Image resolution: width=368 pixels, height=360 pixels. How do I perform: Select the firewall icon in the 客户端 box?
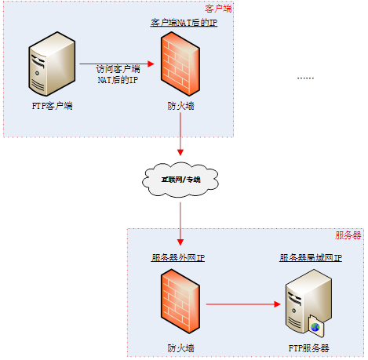click(180, 65)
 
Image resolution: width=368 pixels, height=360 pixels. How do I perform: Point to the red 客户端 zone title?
click(218, 9)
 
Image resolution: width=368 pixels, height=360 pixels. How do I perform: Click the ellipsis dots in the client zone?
click(305, 78)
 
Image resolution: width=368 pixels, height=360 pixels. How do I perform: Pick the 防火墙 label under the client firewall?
click(180, 105)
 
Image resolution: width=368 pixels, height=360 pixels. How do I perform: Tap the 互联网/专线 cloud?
click(180, 180)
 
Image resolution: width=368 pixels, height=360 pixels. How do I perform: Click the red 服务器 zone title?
click(348, 235)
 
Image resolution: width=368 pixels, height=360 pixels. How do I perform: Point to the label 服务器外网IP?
click(178, 257)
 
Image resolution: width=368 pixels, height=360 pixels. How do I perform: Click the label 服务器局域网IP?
click(311, 257)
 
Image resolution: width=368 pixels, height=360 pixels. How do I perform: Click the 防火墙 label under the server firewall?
click(180, 347)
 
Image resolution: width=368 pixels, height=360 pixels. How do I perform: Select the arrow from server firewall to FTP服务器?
click(243, 303)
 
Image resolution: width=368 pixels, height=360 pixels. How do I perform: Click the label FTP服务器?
click(308, 347)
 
